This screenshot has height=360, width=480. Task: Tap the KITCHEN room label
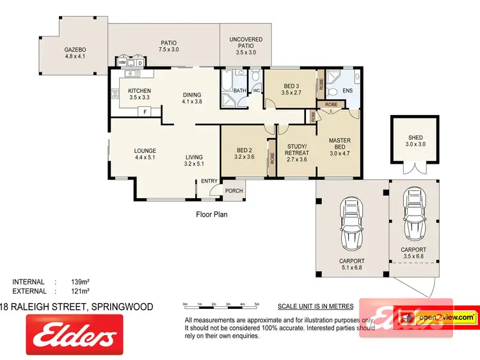coord(139,91)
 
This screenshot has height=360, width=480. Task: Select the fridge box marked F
coord(145,113)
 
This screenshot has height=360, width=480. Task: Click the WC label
coord(255,91)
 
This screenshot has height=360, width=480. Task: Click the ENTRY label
coord(209,181)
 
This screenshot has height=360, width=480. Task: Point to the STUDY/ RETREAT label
coord(296,150)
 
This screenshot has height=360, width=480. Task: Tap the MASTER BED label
coord(340,145)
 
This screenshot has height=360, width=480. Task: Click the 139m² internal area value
coord(80,282)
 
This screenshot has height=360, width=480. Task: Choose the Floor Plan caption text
coord(212,215)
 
